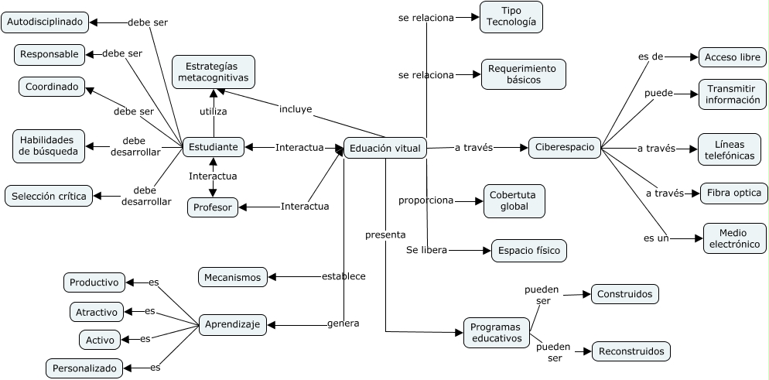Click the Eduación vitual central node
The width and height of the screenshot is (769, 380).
[385, 147]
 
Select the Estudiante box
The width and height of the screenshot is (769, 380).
[214, 145]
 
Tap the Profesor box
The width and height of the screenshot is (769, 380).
[213, 207]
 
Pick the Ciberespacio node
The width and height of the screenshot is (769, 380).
[565, 147]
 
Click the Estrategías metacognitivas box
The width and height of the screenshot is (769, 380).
[213, 72]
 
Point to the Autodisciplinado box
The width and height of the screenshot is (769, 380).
[44, 22]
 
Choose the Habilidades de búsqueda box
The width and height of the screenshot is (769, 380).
[47, 145]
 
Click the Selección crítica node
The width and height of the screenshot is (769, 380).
[48, 196]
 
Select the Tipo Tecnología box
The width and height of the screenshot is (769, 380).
[511, 17]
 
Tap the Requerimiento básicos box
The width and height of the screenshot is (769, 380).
[524, 74]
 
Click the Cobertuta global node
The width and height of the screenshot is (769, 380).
[514, 201]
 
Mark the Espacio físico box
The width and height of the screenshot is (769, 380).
[529, 251]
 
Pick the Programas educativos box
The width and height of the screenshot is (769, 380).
[497, 333]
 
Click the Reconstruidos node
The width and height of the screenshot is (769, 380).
[631, 351]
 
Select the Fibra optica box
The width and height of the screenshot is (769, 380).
[733, 193]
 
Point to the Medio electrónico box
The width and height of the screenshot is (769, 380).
[734, 238]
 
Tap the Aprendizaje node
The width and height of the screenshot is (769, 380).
[233, 325]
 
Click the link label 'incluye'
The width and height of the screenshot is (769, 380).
[296, 109]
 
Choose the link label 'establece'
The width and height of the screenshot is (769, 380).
[343, 276]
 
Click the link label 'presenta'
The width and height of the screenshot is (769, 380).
[385, 235]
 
